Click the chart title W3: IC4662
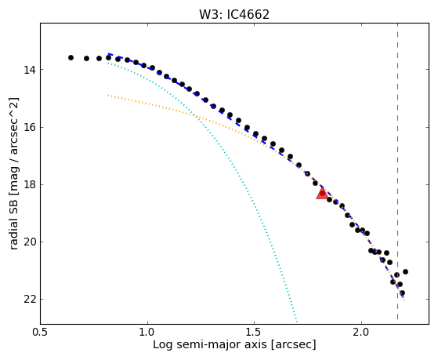click(x=234, y=15)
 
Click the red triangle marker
click(x=322, y=193)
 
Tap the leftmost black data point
click(x=71, y=57)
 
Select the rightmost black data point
click(x=405, y=271)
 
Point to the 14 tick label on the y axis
click(x=29, y=70)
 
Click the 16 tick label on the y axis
click(x=29, y=128)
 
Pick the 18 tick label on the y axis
click(x=29, y=185)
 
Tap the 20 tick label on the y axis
click(x=29, y=242)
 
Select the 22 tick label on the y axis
click(x=29, y=300)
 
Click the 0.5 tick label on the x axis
click(x=41, y=332)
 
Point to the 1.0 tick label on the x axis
click(x=147, y=332)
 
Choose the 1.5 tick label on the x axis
click(x=254, y=332)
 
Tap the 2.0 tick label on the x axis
click(x=361, y=332)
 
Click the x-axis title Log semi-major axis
click(x=210, y=344)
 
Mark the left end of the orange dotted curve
click(x=108, y=96)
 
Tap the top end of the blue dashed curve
click(x=108, y=53)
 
